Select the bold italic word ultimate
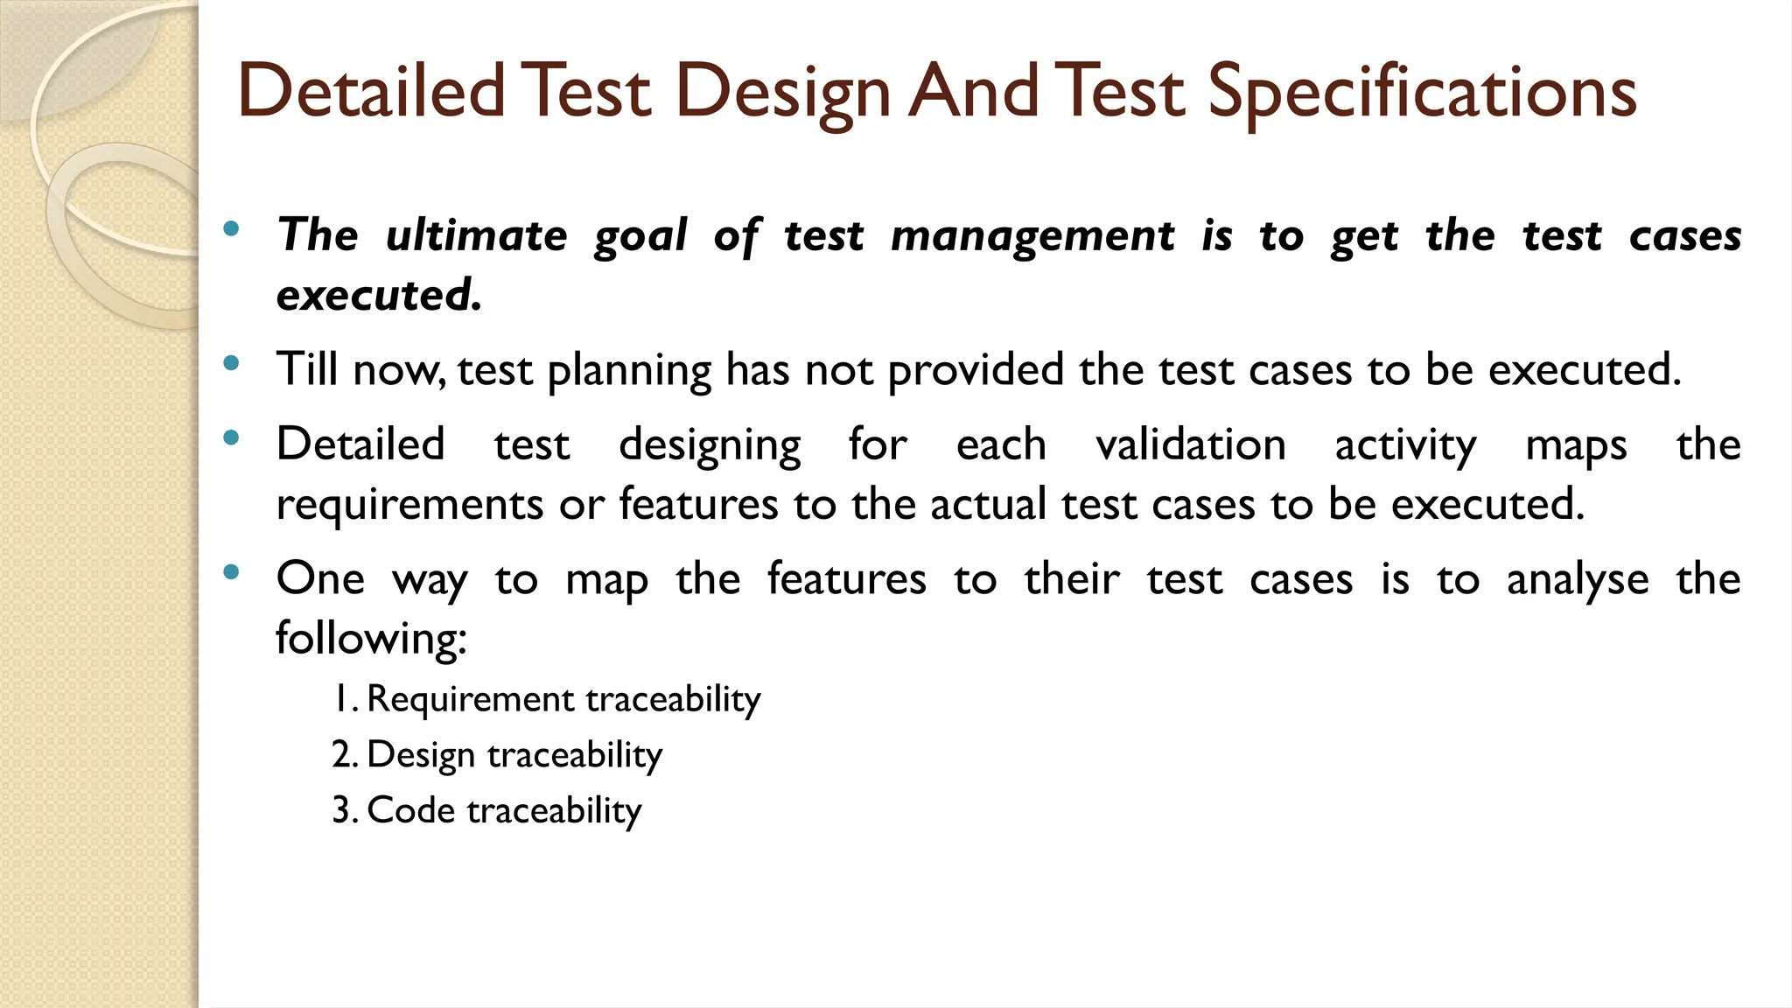(477, 235)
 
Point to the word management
(1032, 237)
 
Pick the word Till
(307, 368)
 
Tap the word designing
(710, 446)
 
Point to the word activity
(1405, 446)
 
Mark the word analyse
(1578, 580)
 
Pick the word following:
(372, 638)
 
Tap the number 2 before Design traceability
(341, 754)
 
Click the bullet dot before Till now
(231, 363)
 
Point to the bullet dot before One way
(231, 573)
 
